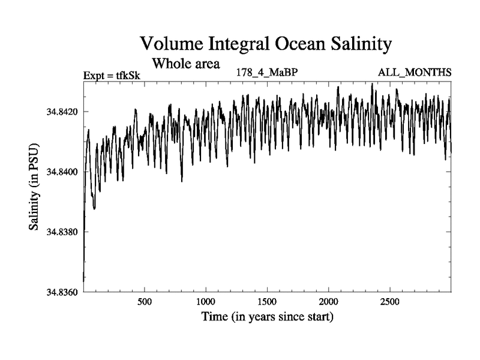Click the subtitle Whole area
[x=187, y=62]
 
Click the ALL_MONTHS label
[x=414, y=73]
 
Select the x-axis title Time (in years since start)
[x=267, y=316]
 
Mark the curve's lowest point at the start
[x=83, y=281]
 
